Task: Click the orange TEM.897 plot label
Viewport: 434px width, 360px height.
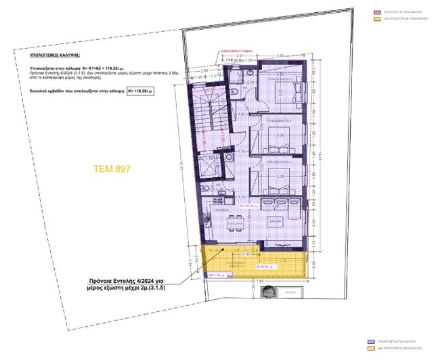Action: (x=112, y=168)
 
